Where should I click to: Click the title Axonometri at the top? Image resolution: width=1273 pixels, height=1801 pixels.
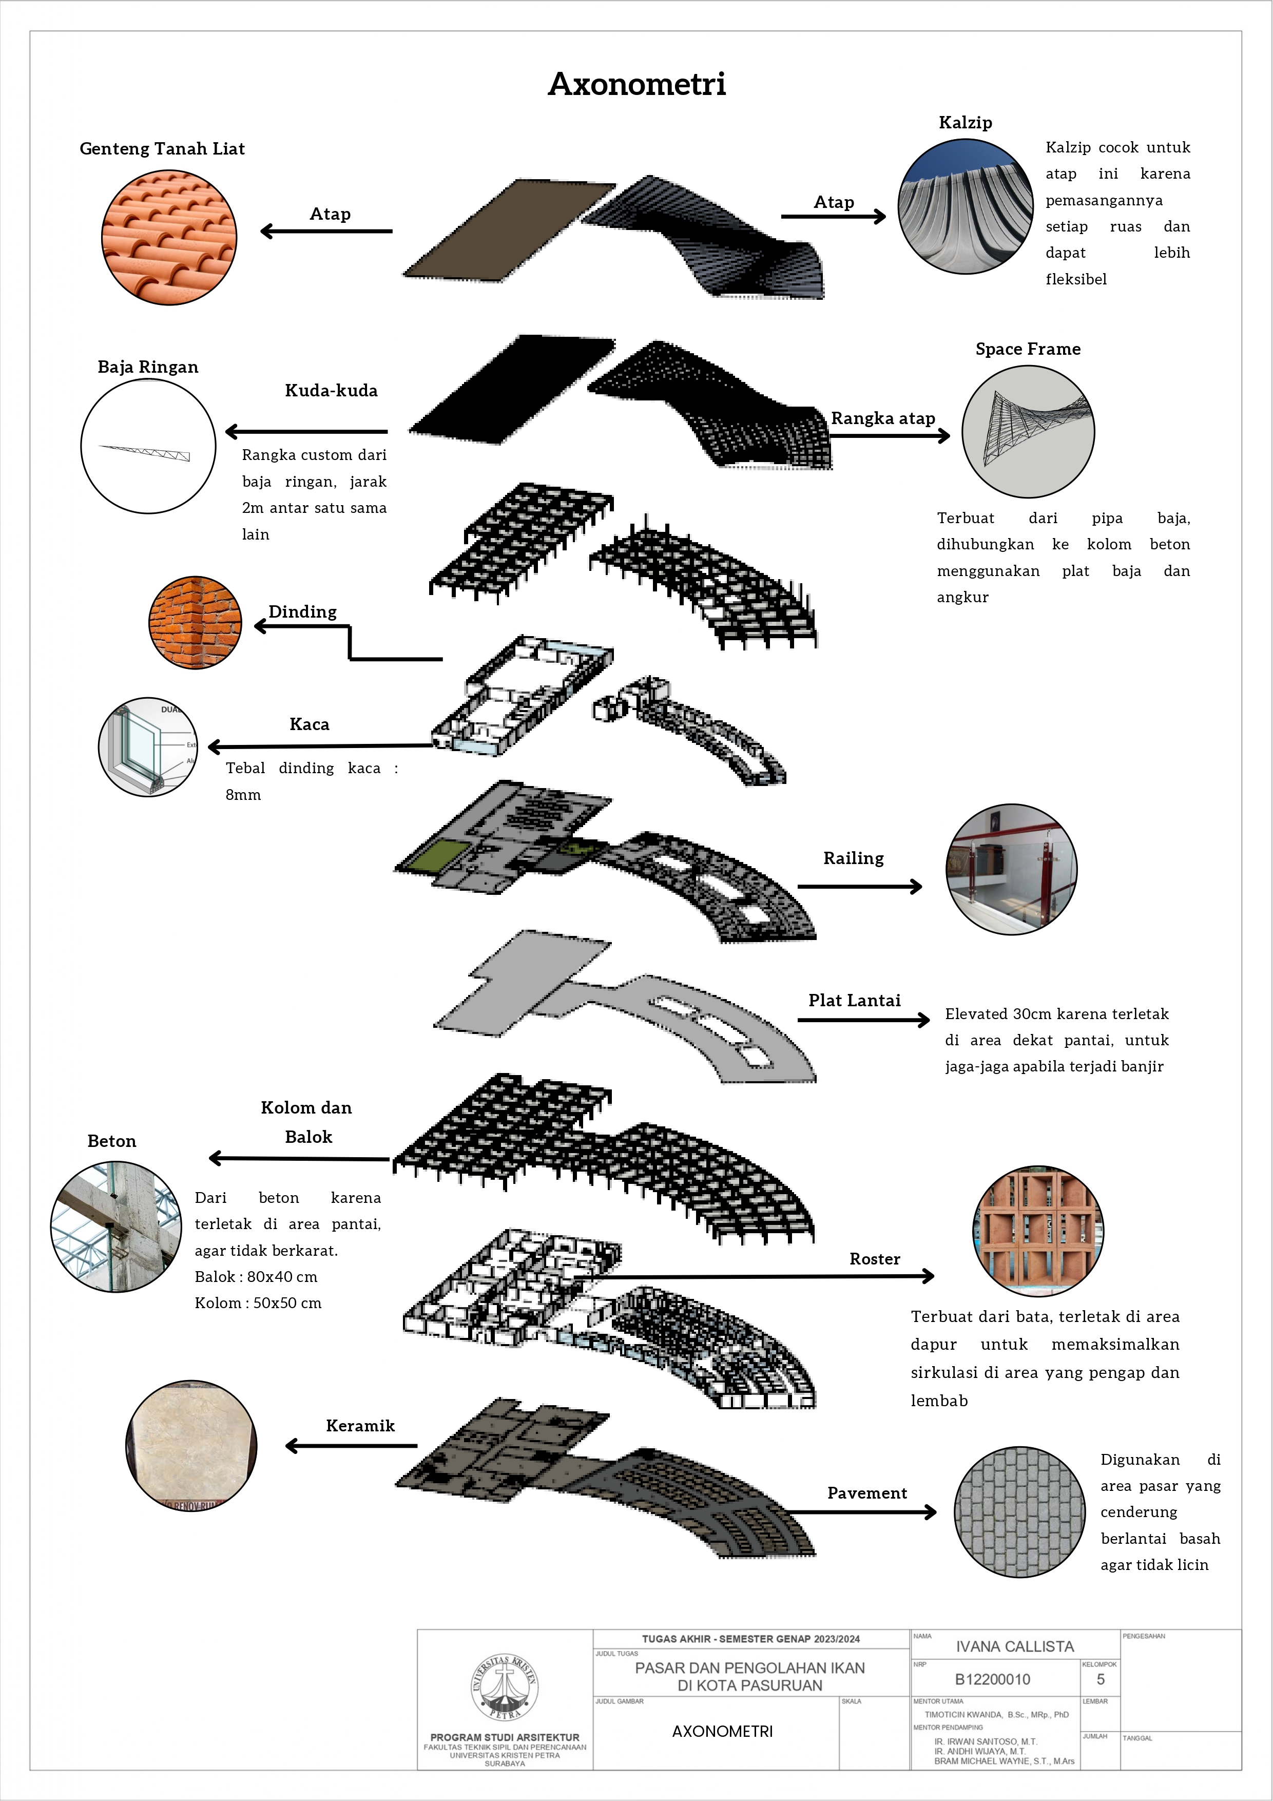[637, 84]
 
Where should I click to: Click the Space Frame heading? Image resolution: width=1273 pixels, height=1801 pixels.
[1028, 349]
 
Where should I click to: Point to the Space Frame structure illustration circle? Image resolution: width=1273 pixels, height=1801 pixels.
[1028, 431]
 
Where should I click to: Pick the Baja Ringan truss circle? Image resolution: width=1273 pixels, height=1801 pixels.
[148, 446]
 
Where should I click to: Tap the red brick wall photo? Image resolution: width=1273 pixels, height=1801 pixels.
[195, 623]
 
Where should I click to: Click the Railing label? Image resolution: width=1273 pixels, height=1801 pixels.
[854, 858]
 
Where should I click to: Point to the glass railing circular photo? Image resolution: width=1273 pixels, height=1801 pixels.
[1012, 869]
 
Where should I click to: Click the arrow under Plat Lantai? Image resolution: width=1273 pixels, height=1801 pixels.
[863, 1020]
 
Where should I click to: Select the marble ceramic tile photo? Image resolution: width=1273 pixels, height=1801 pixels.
[191, 1445]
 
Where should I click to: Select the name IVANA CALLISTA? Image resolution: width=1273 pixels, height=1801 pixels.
[1015, 1646]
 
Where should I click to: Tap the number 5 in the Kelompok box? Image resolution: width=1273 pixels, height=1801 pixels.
[1101, 1679]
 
